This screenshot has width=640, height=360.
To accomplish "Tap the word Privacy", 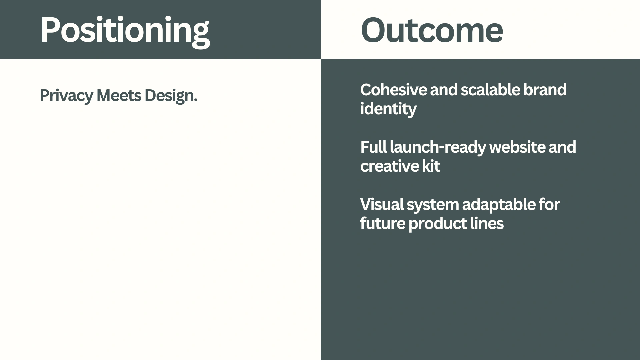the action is coord(66,96).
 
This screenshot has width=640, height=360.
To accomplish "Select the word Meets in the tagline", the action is coord(119,95).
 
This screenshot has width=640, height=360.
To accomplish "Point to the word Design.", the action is coord(171,96).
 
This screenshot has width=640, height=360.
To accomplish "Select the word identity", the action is coord(388,109).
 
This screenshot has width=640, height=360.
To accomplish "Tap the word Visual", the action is coord(382,204).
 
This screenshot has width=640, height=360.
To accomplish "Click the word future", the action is coord(382,223).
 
